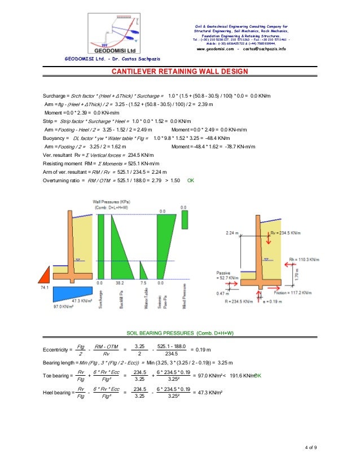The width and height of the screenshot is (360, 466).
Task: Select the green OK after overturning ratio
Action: [x=191, y=181]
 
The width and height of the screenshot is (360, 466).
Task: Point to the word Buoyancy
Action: [x=55, y=138]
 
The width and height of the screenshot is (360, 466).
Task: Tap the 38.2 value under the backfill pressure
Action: [x=119, y=283]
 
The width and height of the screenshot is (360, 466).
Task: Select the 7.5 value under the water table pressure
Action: [x=143, y=283]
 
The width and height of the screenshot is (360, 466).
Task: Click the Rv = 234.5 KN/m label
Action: [x=285, y=232]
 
